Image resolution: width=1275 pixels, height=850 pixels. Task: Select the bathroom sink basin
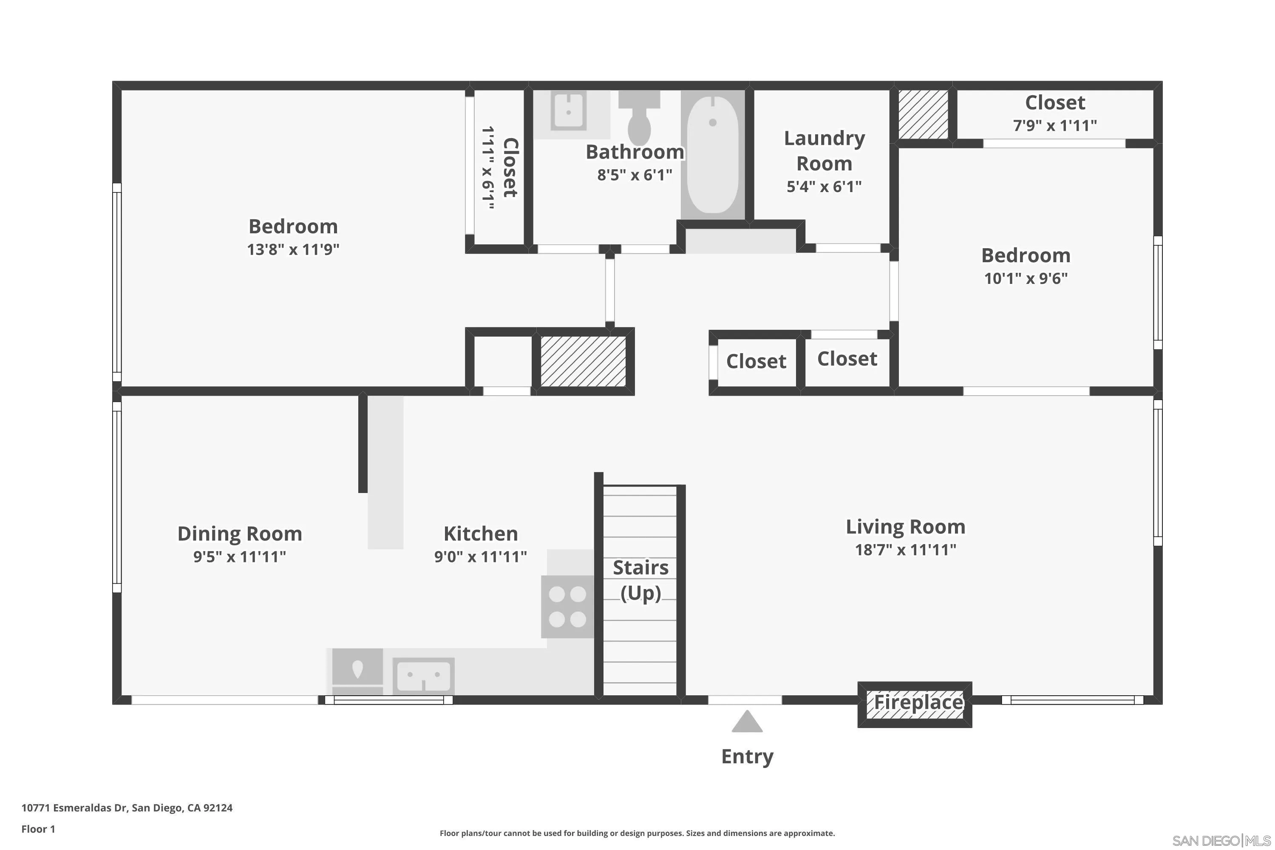[x=568, y=111]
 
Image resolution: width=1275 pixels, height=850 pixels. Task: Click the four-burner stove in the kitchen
[x=567, y=606]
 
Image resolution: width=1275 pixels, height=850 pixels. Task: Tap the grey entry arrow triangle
[x=747, y=722]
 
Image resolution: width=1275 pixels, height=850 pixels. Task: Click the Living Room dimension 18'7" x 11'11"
[x=905, y=550]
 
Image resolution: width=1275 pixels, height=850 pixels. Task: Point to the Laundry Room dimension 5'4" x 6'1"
[x=824, y=187]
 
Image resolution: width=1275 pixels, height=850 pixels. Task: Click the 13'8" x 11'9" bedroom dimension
[x=293, y=249]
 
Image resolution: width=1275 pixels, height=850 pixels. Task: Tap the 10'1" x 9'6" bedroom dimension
[x=1026, y=279]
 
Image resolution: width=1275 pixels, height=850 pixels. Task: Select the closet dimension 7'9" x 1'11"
[x=1055, y=126]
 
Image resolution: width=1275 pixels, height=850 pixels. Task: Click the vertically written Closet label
[x=510, y=167]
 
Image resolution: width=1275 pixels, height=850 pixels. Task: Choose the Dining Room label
[x=240, y=533]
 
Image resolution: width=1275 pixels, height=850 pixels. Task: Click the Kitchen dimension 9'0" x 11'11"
[x=480, y=557]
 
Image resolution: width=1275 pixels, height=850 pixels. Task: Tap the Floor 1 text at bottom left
[x=38, y=829]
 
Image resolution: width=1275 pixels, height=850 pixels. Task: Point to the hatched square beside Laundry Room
[x=923, y=114]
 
